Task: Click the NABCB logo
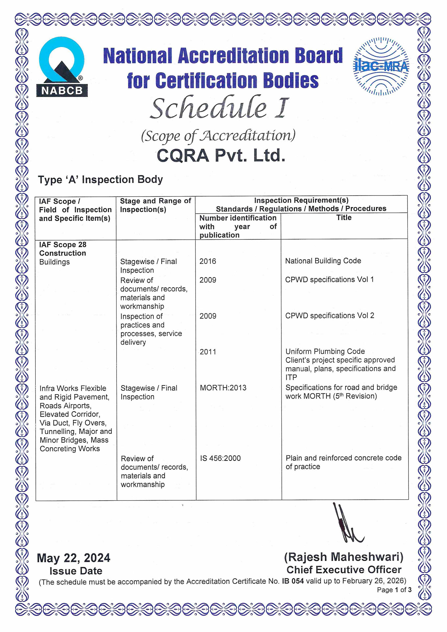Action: (62, 67)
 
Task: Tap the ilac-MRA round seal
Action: (381, 66)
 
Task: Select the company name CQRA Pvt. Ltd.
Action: (221, 155)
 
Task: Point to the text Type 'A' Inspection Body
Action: (100, 180)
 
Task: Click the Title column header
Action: (344, 218)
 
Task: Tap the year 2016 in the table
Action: (208, 261)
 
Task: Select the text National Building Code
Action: (323, 261)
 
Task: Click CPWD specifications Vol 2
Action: (329, 316)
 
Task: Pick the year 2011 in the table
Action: (208, 352)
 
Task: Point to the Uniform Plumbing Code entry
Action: (325, 352)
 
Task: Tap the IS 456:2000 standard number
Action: (220, 458)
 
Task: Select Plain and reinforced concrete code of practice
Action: (343, 462)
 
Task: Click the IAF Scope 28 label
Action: (63, 245)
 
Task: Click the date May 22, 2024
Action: (73, 558)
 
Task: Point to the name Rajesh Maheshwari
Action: (344, 557)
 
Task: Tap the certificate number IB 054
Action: (293, 581)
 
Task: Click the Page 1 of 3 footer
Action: (394, 590)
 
